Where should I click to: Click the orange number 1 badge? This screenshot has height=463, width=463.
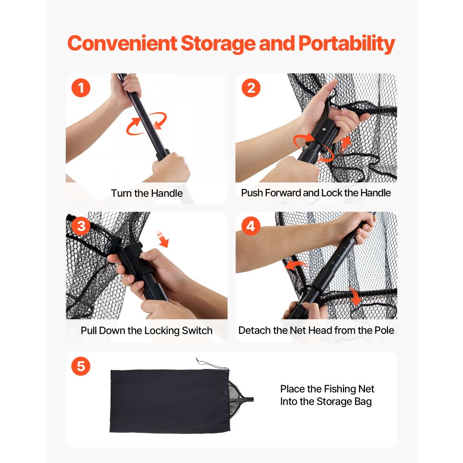[81, 88]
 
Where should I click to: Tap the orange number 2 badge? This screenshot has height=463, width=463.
[251, 88]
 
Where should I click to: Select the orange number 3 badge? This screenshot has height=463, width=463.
[81, 226]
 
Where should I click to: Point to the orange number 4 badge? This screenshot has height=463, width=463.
[250, 226]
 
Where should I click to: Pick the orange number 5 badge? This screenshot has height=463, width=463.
[81, 366]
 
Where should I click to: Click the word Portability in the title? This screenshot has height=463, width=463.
[347, 44]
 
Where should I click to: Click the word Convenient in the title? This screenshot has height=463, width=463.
[122, 43]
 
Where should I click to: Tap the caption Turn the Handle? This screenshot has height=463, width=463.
[147, 194]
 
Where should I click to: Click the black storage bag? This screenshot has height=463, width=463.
[170, 401]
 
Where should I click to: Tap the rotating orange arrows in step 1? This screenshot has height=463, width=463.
[146, 124]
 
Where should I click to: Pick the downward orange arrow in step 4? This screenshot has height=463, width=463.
[355, 296]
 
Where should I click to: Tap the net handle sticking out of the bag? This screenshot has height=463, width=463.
[247, 400]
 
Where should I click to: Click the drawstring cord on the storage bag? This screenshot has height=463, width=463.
[212, 364]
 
